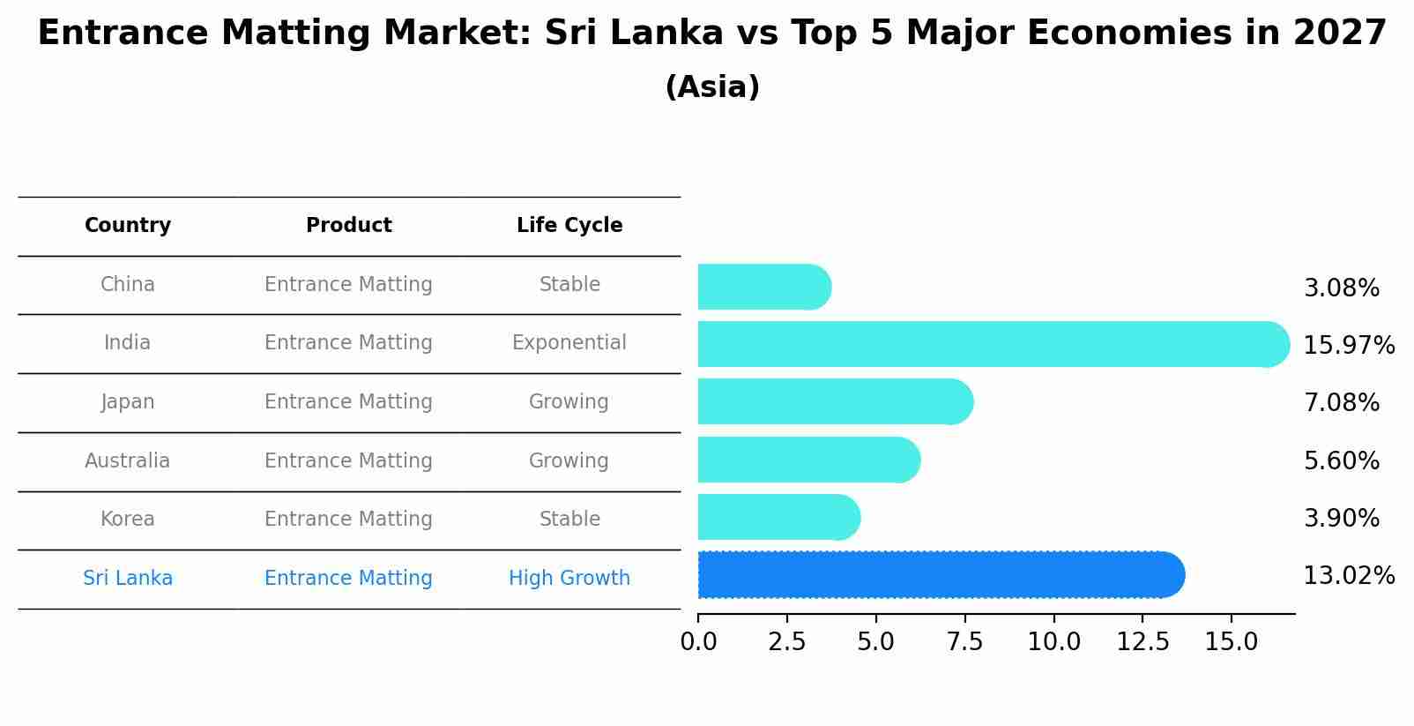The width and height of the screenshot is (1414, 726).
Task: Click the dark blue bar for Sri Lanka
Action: pyautogui.click(x=940, y=575)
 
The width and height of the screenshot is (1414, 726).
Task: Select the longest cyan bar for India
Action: pyautogui.click(x=993, y=344)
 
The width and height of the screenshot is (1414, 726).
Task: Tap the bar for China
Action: pyautogui.click(x=763, y=288)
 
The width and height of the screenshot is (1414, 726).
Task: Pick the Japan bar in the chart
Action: pyautogui.click(x=834, y=402)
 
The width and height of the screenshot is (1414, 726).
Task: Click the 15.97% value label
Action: pyautogui.click(x=1348, y=346)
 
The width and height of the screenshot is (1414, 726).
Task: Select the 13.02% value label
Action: pyautogui.click(x=1348, y=576)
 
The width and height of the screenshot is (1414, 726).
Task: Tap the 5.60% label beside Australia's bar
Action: pyautogui.click(x=1341, y=461)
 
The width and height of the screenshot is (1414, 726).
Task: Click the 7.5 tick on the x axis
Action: pyautogui.click(x=964, y=642)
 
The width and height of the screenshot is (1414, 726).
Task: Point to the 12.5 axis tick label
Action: pyautogui.click(x=1142, y=642)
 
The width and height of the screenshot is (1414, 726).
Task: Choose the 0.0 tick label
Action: pyautogui.click(x=698, y=642)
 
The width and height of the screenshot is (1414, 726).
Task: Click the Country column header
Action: pyautogui.click(x=128, y=226)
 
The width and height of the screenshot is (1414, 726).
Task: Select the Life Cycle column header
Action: pyautogui.click(x=569, y=226)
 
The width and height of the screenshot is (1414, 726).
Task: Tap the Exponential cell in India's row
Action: pyautogui.click(x=569, y=343)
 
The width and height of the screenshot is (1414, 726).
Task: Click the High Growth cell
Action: pyautogui.click(x=569, y=579)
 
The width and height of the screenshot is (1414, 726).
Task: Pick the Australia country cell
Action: pyautogui.click(x=128, y=461)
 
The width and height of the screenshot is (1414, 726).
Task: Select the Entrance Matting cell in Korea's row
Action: pyautogui.click(x=348, y=520)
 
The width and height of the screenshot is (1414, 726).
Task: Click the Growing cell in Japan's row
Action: pyautogui.click(x=569, y=402)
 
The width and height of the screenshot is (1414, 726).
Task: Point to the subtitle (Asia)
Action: pyautogui.click(x=712, y=87)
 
